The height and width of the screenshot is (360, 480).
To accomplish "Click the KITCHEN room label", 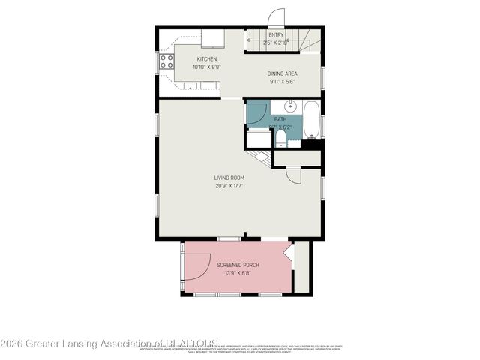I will (x=207, y=59).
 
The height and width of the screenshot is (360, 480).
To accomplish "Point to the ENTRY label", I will (x=276, y=35).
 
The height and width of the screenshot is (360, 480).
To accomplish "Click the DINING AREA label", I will (x=283, y=73).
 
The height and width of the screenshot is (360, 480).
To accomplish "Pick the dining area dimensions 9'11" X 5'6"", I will (x=283, y=82).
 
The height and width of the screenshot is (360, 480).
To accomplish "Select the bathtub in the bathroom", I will (x=313, y=121).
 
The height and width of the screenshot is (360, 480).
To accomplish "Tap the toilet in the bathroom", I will (x=280, y=140).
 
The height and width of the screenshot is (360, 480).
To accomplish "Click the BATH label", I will (x=280, y=119).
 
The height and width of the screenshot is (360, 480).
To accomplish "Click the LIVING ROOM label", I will (x=229, y=178).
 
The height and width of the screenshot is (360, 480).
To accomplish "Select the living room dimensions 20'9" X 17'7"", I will (x=229, y=186).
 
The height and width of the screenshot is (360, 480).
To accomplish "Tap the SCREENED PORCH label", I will (x=235, y=265).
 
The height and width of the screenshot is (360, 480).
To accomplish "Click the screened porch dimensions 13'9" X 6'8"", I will (x=235, y=273).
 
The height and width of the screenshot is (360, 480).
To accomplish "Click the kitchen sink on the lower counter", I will (x=190, y=87).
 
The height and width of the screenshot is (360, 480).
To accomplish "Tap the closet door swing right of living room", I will (x=293, y=174).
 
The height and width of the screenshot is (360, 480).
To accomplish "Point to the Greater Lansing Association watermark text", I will (x=109, y=343).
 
